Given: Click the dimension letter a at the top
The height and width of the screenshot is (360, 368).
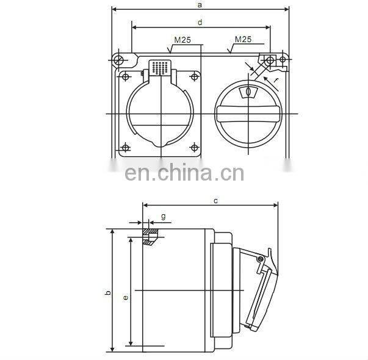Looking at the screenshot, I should click(200, 5).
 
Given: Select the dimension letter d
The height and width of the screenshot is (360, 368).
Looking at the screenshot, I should click(200, 22).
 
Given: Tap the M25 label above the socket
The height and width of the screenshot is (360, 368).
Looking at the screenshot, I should click(182, 40).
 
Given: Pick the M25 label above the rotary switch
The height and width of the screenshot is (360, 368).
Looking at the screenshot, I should click(244, 39).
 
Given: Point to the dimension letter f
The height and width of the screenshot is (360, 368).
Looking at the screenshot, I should click(276, 79).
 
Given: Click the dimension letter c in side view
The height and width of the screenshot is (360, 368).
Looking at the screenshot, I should click(215, 200).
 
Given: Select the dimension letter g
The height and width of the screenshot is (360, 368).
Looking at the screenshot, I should click(163, 216).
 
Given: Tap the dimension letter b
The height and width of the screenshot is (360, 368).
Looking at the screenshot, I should click(107, 293).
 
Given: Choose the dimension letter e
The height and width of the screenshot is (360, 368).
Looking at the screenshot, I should click(125, 297).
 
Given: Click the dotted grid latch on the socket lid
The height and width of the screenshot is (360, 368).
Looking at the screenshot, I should click(160, 68).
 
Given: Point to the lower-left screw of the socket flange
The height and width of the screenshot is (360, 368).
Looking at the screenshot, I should click(125, 147).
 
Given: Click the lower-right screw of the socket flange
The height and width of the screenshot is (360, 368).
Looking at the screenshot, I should click(195, 147).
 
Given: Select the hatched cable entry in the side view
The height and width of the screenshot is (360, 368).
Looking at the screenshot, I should click(150, 237).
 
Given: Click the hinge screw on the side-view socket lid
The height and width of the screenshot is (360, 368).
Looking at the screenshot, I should click(261, 259).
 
